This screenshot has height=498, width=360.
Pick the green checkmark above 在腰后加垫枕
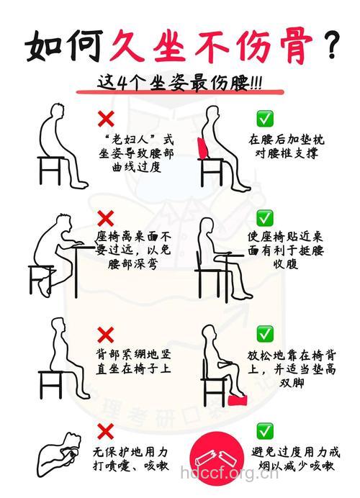pos(265,118)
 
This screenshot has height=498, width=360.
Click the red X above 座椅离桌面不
pos(106,217)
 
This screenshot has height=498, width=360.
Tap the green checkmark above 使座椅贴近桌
pos(265,217)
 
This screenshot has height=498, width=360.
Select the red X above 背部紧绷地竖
pos(106,334)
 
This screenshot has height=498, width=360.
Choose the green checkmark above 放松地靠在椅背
pos(265,333)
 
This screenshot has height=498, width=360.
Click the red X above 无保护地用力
pos(106,431)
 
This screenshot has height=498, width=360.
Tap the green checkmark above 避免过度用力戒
pos(265,431)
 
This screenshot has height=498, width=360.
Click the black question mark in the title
pos(332,45)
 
